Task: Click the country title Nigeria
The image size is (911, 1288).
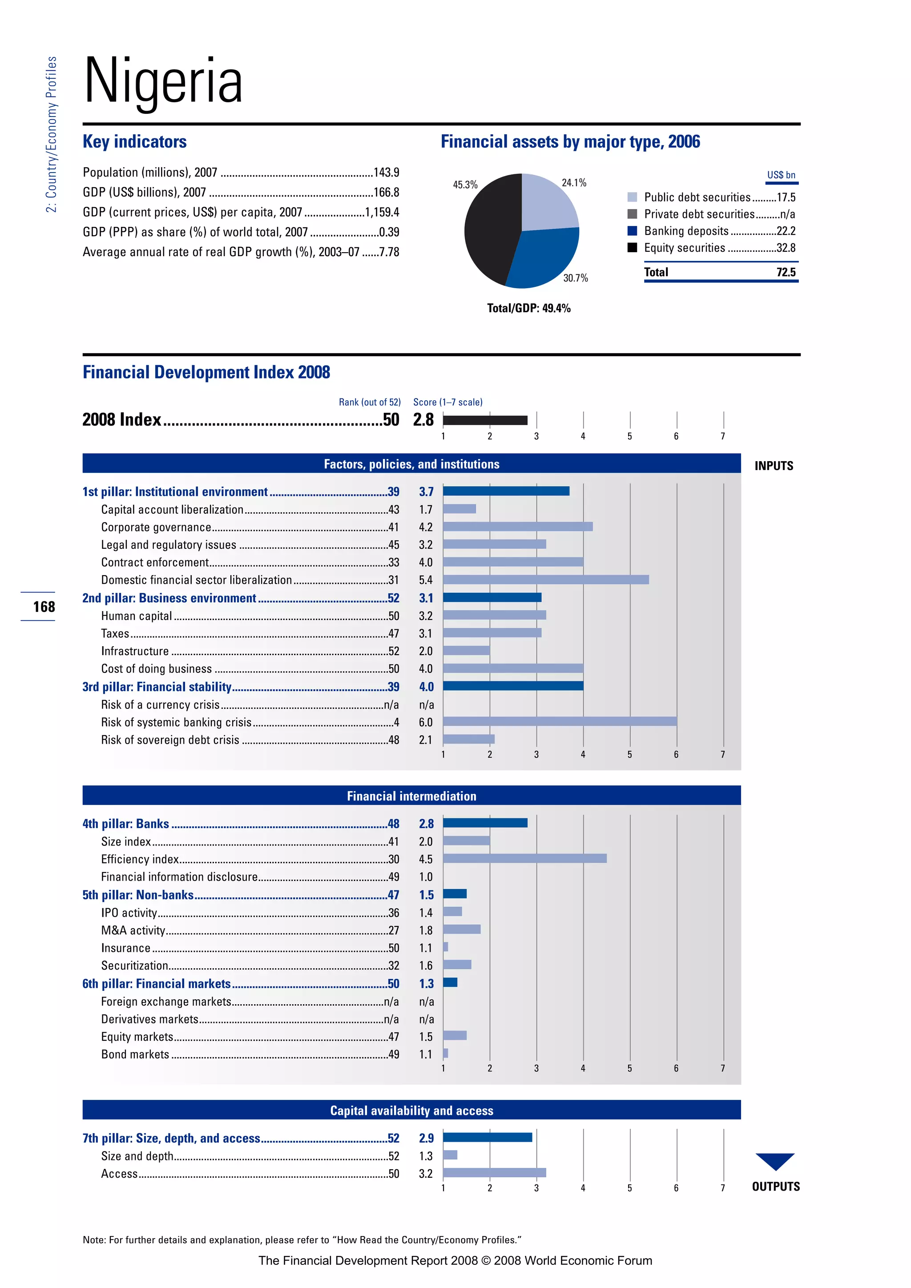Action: pos(163,81)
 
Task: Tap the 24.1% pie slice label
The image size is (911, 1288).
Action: pos(573,183)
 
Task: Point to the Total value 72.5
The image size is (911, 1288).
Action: pos(786,272)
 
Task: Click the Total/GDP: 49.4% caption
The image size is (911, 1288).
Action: pos(528,308)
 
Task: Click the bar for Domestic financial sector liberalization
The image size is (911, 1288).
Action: pos(545,580)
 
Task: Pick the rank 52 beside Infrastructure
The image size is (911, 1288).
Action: pos(393,651)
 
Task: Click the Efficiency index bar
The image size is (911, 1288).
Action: pos(524,858)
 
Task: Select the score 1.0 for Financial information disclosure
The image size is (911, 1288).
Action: pos(426,877)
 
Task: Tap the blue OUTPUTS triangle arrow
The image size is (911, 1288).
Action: pos(775,1159)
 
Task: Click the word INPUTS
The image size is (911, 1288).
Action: pos(774,466)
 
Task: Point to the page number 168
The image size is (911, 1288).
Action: pos(44,606)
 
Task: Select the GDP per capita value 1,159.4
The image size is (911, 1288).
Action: pos(382,212)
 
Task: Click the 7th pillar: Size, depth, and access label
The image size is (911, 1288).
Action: pos(171,1138)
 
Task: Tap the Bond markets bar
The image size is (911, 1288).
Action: pos(445,1053)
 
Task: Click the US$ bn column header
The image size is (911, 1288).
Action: pos(781,175)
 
